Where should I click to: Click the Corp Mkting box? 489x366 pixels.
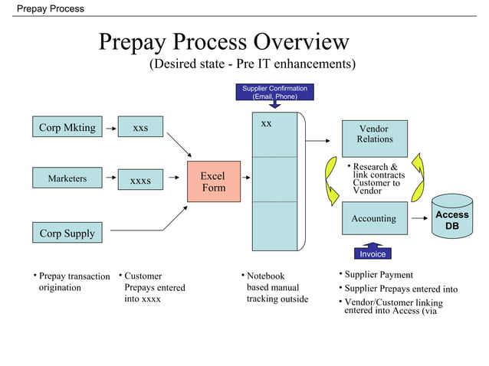[x=67, y=127]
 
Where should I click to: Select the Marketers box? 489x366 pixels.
[x=67, y=179]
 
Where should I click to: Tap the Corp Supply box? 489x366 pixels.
[x=67, y=233]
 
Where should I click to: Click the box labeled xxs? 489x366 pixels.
[x=140, y=128]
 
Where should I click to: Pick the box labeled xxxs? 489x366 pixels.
[x=140, y=181]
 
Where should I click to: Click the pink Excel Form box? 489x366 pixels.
[x=212, y=181]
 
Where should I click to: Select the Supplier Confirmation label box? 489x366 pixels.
[x=274, y=93]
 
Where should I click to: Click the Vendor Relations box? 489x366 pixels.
[x=374, y=135]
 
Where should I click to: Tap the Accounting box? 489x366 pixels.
[x=374, y=219]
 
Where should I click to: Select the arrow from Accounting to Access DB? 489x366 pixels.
[x=418, y=219]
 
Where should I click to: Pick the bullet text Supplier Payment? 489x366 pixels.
[x=379, y=275]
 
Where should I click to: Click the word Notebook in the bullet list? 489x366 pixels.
[x=265, y=276]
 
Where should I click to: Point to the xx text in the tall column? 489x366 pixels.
[x=266, y=123]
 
